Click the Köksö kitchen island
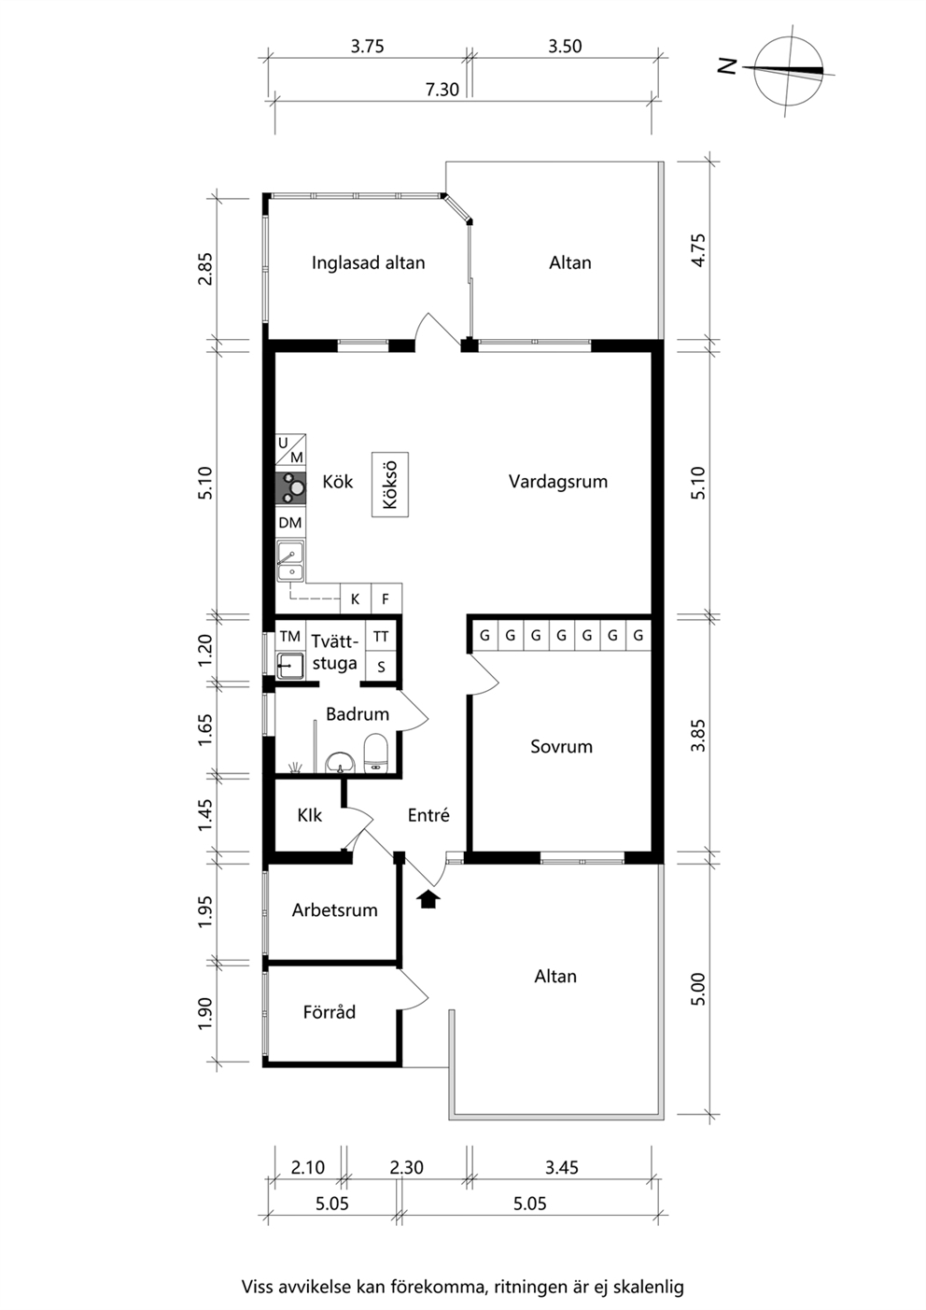coord(390,485)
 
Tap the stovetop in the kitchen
coord(290,488)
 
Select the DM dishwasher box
coord(290,523)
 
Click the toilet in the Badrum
coord(375,754)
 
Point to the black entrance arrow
coord(429,899)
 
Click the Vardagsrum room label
coord(557,481)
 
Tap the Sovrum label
coord(561,746)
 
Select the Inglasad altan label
coord(369,262)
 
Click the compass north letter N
coord(728,66)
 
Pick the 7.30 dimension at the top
coord(442,90)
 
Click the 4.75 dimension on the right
coord(698,250)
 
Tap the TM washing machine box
coord(290,636)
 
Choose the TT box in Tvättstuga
coord(381,636)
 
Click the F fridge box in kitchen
coord(386,599)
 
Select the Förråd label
coord(330,1012)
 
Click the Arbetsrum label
coord(335,910)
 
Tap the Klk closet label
coord(309,815)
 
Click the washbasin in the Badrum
coord(340,762)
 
